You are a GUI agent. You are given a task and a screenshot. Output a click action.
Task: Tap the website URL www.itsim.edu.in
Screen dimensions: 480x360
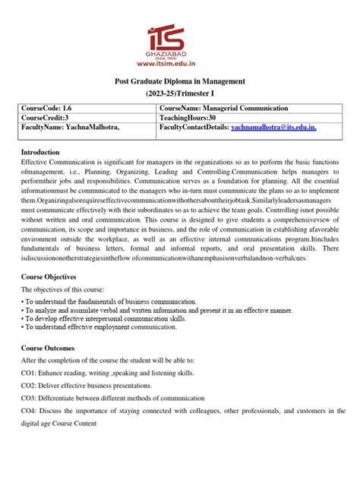[x=180, y=65]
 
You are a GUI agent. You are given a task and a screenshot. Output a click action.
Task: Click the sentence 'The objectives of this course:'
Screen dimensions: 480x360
[x=73, y=291]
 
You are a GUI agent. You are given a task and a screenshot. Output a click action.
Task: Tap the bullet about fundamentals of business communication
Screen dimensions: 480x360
[x=121, y=305]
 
